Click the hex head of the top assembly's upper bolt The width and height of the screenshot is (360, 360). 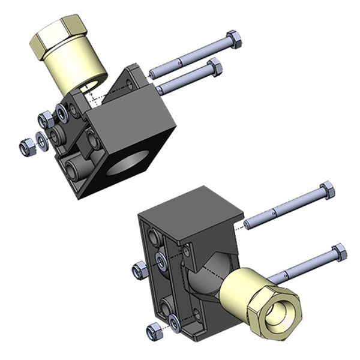[235, 41]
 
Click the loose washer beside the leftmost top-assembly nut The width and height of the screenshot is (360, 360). [42, 140]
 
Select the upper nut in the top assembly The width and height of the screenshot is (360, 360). [44, 118]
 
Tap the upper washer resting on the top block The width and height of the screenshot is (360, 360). [62, 110]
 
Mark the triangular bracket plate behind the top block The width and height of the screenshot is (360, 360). [133, 79]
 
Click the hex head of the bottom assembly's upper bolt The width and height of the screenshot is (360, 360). [327, 191]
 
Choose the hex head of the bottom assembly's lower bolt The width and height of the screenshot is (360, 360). [339, 252]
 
